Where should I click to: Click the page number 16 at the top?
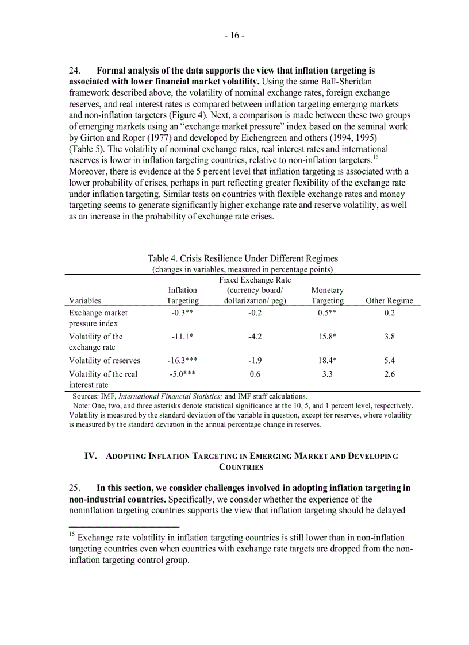coord(234,36)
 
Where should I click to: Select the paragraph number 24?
coord(75,71)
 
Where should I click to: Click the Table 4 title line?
coord(242,258)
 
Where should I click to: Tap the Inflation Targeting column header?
coord(183,295)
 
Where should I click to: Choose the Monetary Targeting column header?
coord(328,295)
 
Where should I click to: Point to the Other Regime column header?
coord(389,300)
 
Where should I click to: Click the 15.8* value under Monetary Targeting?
coord(327,337)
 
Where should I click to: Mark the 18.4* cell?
coord(327,361)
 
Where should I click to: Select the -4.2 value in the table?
coord(255,337)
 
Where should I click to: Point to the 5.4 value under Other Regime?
coord(389,361)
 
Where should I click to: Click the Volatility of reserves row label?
coord(105,361)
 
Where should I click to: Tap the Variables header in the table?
coord(85,300)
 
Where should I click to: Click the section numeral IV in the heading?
coord(90,456)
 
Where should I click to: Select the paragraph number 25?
coord(75,488)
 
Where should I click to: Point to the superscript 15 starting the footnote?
coord(72,535)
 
